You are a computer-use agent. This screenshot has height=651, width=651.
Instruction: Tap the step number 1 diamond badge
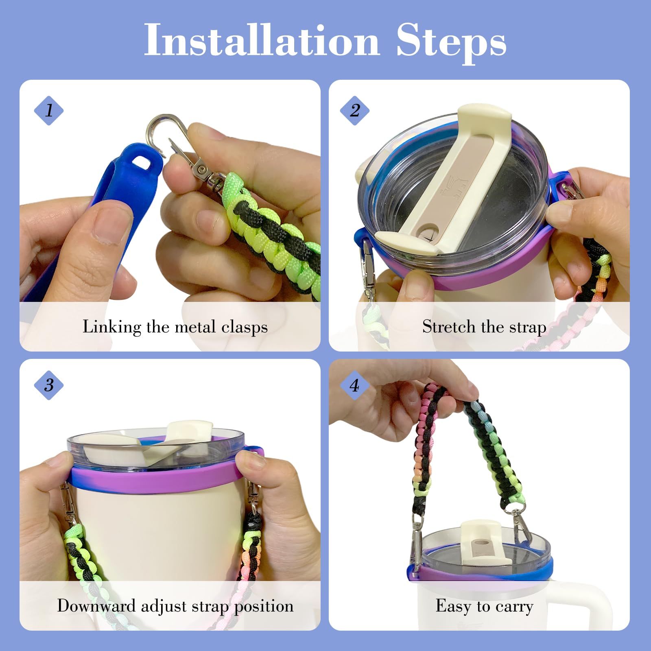tap(49, 110)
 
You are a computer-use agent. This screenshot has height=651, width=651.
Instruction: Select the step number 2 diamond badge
tap(355, 110)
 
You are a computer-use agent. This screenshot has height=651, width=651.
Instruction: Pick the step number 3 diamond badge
tap(49, 385)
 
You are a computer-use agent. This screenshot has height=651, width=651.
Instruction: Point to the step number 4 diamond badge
tap(355, 385)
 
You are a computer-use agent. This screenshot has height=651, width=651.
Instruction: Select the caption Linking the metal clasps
tap(175, 327)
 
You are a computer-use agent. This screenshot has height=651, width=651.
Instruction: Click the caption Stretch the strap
tap(484, 327)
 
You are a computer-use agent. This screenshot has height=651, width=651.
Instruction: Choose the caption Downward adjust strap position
tap(175, 606)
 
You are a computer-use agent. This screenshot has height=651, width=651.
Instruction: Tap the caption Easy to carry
tap(484, 606)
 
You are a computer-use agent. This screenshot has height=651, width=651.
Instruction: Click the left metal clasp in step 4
tap(417, 537)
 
